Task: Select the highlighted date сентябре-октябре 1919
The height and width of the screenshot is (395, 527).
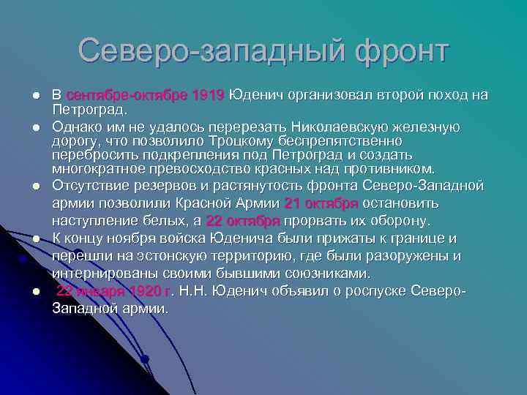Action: pyautogui.click(x=145, y=95)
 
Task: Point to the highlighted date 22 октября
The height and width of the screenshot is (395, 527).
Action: pyautogui.click(x=243, y=220)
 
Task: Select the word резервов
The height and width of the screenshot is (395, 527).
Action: pyautogui.click(x=160, y=185)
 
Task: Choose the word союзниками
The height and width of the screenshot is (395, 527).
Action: pyautogui.click(x=329, y=273)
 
